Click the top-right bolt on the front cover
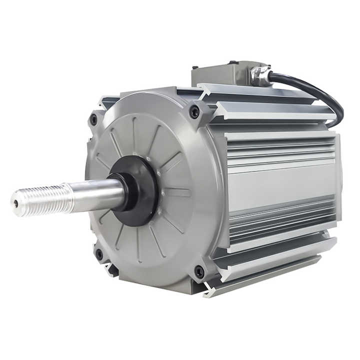click(x=194, y=112)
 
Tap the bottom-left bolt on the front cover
click(x=99, y=254)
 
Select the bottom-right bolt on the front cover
click(x=199, y=272)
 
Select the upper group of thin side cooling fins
click(x=280, y=150)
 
